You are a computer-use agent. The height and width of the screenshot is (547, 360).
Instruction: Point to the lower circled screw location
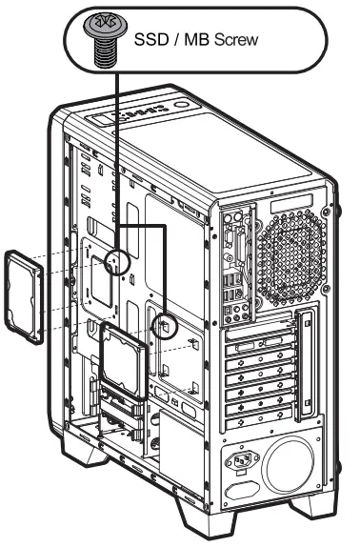164,324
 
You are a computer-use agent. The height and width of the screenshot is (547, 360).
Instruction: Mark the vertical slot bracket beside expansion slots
304,362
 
